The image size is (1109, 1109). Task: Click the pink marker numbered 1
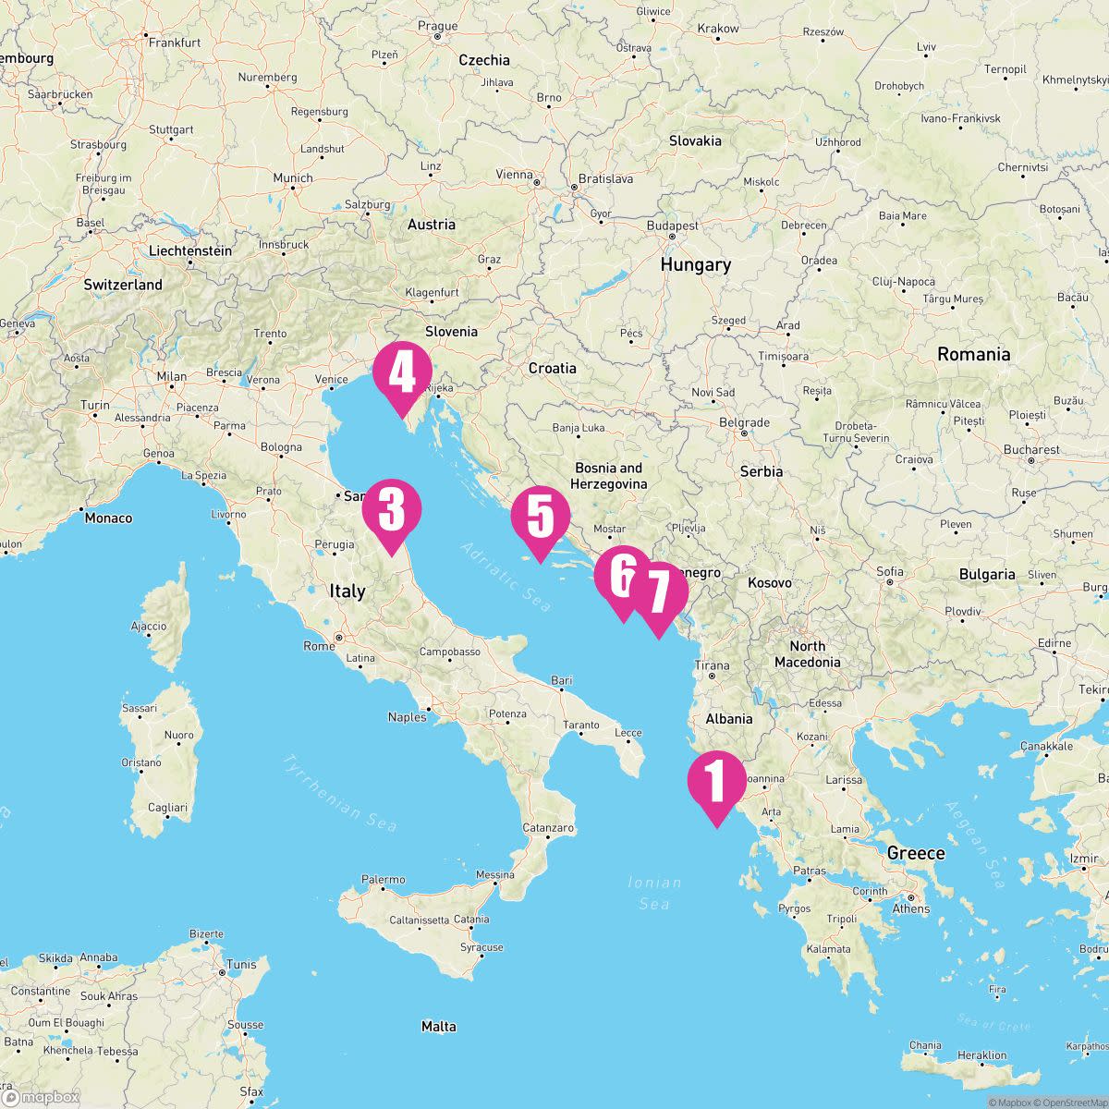[716, 782]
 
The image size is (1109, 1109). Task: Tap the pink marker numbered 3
[392, 510]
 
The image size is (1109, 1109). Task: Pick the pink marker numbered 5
[541, 517]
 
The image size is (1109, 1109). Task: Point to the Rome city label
[320, 646]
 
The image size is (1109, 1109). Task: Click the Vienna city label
[515, 175]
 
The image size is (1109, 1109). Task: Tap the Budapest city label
[673, 225]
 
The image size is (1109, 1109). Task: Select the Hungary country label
[695, 265]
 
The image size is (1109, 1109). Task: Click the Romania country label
[973, 354]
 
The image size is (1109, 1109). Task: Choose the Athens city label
[911, 908]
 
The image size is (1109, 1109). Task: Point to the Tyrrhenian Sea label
[341, 794]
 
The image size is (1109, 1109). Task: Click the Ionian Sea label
[654, 893]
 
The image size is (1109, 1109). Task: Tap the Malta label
[438, 1026]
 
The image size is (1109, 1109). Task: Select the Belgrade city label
[744, 422]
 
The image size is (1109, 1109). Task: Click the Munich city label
[293, 177]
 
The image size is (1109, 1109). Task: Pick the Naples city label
[407, 717]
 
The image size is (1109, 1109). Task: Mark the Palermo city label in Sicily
[383, 880]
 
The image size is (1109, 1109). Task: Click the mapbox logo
[41, 1097]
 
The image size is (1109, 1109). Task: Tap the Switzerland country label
[123, 285]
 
